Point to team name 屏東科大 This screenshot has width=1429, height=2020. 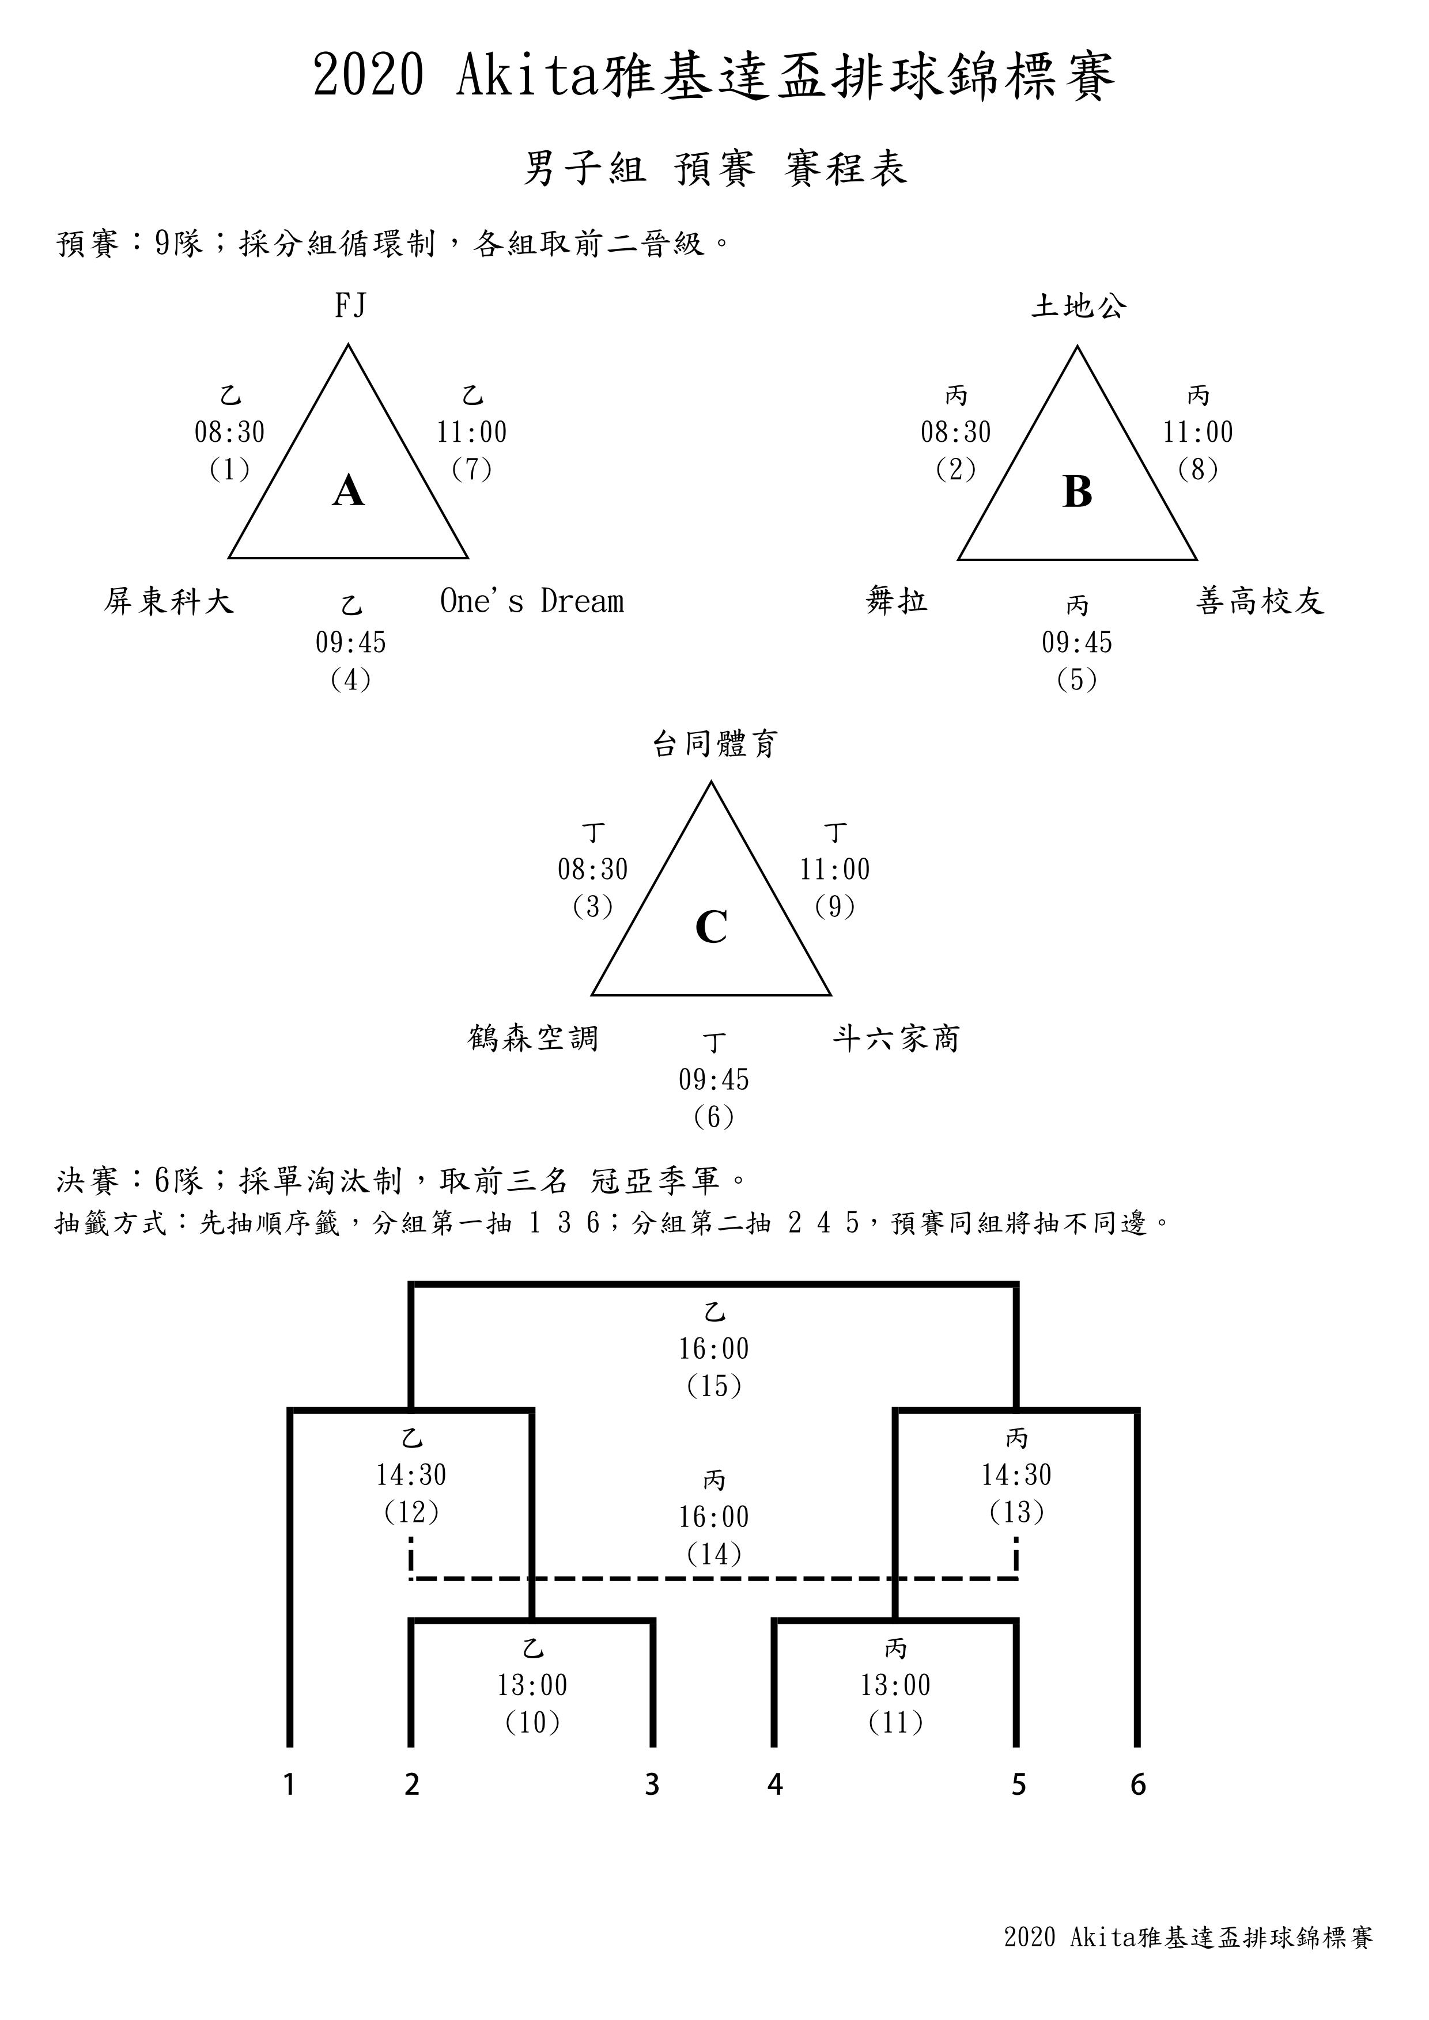click(x=169, y=602)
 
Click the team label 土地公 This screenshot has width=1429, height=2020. click(x=1078, y=306)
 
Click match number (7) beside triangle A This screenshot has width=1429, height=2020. click(x=472, y=470)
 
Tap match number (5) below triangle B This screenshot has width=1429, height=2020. click(x=1077, y=680)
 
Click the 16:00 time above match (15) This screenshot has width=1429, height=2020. click(x=713, y=1349)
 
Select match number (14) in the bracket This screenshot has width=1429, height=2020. click(x=713, y=1555)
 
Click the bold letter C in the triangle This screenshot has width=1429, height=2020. click(x=711, y=927)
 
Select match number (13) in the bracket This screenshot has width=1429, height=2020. click(x=1016, y=1513)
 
